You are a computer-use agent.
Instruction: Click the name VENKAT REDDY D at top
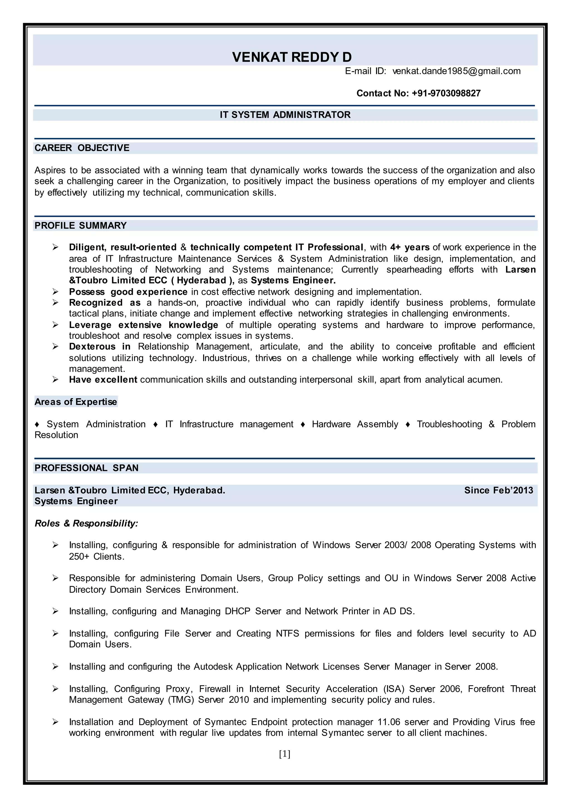point(292,57)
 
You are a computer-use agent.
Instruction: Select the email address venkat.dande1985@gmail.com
point(456,71)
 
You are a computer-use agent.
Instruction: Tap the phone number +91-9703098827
point(446,93)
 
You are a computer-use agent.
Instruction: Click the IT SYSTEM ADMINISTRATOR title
point(285,115)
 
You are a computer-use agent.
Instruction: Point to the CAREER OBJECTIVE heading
point(82,148)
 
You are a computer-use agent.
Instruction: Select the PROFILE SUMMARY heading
point(80,226)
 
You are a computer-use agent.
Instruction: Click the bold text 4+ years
point(410,247)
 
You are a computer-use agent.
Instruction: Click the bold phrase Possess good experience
point(128,292)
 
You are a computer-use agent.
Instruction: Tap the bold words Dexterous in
point(100,347)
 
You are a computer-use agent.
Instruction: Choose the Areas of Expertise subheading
point(76,402)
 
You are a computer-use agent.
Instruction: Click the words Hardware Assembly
point(355,424)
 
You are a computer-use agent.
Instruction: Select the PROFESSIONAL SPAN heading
point(86,468)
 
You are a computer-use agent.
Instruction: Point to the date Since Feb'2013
point(498,490)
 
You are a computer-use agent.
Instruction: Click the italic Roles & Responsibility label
point(86,523)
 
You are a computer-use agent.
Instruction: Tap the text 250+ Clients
point(97,556)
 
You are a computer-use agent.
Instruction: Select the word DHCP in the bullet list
point(237,611)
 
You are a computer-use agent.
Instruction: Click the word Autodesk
point(213,667)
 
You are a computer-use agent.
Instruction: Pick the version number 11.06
point(389,722)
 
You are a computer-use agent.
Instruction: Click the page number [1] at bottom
point(285,754)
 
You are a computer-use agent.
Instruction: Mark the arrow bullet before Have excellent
point(55,380)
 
